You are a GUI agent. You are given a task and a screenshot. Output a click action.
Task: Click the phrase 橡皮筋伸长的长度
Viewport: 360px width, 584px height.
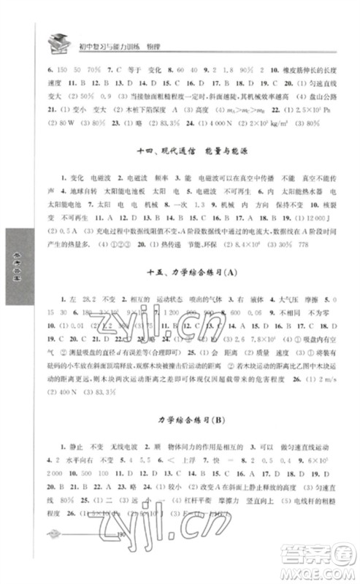click(307, 72)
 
